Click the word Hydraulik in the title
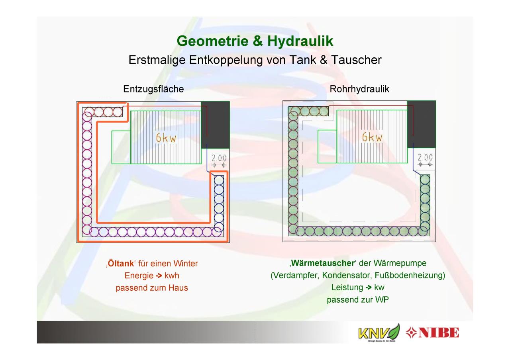(x=300, y=41)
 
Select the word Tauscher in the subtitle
(x=356, y=60)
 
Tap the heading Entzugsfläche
(x=153, y=89)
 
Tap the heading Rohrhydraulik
(x=359, y=89)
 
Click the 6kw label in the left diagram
(x=166, y=138)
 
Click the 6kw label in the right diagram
(x=372, y=137)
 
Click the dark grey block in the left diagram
(x=216, y=125)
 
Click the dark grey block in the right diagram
(x=422, y=124)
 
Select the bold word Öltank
(x=121, y=263)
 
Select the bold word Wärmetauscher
(x=323, y=263)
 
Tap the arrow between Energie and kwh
(x=159, y=276)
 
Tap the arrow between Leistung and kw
(x=369, y=288)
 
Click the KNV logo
(x=379, y=333)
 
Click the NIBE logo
(x=432, y=333)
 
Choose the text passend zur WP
(x=358, y=300)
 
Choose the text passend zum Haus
(x=152, y=288)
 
